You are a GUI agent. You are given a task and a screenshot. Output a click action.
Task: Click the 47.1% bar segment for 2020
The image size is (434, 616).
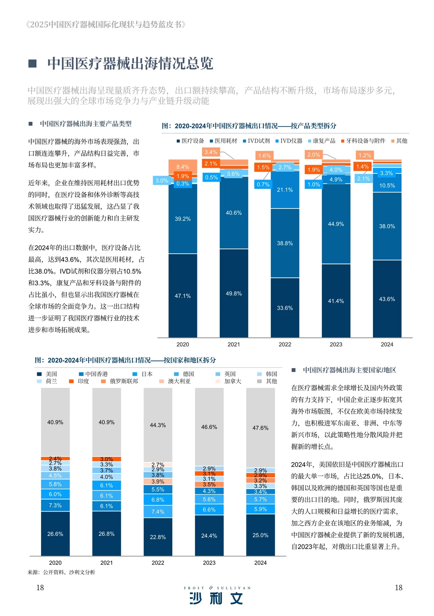(182, 296)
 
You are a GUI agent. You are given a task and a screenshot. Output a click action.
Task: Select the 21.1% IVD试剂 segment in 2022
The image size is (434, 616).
(285, 190)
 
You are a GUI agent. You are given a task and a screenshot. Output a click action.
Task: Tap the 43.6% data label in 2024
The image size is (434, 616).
(387, 299)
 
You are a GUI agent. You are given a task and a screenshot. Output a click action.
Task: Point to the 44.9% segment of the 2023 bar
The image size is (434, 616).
(336, 224)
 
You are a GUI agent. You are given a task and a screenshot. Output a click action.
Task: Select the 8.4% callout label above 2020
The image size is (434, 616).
(182, 167)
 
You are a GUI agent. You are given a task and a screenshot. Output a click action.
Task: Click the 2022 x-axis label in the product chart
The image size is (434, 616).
(285, 345)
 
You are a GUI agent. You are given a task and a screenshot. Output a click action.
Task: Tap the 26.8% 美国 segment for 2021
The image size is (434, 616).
(106, 534)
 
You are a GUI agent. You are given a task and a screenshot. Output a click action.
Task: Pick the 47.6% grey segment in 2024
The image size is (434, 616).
(260, 428)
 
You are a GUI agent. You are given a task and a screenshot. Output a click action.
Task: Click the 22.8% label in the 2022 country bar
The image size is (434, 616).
(158, 537)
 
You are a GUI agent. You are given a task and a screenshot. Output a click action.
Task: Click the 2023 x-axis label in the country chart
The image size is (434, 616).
(209, 563)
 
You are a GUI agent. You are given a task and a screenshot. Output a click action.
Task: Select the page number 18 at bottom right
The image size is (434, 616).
(398, 587)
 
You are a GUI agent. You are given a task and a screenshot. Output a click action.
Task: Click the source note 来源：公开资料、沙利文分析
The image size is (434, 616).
(61, 572)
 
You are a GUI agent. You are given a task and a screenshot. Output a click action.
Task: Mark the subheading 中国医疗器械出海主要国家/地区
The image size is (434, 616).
(349, 370)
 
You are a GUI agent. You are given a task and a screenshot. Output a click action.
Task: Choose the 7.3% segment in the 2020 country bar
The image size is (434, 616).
(55, 506)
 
